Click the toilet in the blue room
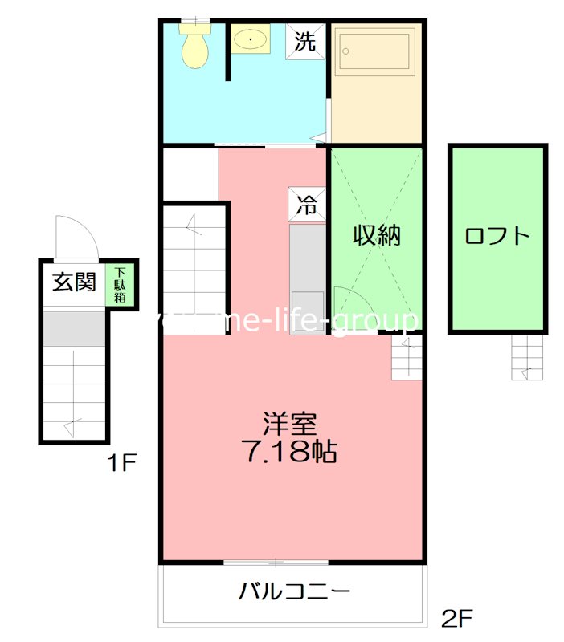click(x=194, y=47)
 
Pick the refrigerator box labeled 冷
click(x=306, y=205)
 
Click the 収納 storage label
click(x=376, y=236)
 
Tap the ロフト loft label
click(x=498, y=236)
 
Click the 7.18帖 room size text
click(x=289, y=453)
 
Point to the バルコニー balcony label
click(x=294, y=593)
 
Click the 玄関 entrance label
click(x=74, y=282)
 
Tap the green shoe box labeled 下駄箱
click(x=120, y=284)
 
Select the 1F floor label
click(x=125, y=463)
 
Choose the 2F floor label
click(x=456, y=619)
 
